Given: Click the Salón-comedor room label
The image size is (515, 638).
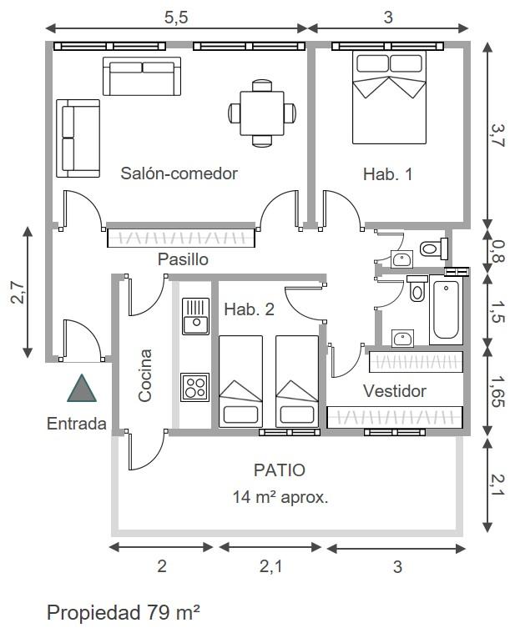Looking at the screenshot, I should (179, 173).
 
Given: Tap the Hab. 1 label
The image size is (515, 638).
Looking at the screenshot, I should (387, 174).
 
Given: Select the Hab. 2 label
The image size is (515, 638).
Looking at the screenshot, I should (249, 309).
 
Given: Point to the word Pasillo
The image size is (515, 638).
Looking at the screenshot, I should (183, 259).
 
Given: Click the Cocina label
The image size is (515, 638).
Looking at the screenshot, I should (145, 375).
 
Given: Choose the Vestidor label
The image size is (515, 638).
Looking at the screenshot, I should (395, 391).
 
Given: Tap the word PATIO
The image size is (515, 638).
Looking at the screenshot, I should (279, 470).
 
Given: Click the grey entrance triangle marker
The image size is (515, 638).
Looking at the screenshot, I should (81, 389).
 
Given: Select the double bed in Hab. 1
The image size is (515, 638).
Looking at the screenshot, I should (388, 97).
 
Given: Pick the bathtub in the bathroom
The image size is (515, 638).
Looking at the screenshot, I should (446, 310).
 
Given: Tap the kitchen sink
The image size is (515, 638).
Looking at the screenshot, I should (195, 316).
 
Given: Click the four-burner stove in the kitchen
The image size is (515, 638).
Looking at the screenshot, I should (194, 387).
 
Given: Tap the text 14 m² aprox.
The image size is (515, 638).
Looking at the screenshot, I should (280, 498).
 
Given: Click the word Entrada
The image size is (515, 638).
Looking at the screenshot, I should (76, 424).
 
